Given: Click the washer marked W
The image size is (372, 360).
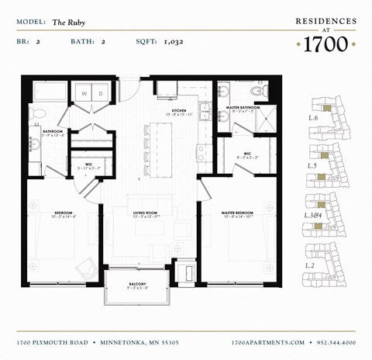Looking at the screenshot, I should coord(83,94).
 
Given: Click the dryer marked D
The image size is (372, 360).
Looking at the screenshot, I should coord(101,94).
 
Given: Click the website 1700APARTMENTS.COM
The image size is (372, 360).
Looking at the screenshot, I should coord(267,341).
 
